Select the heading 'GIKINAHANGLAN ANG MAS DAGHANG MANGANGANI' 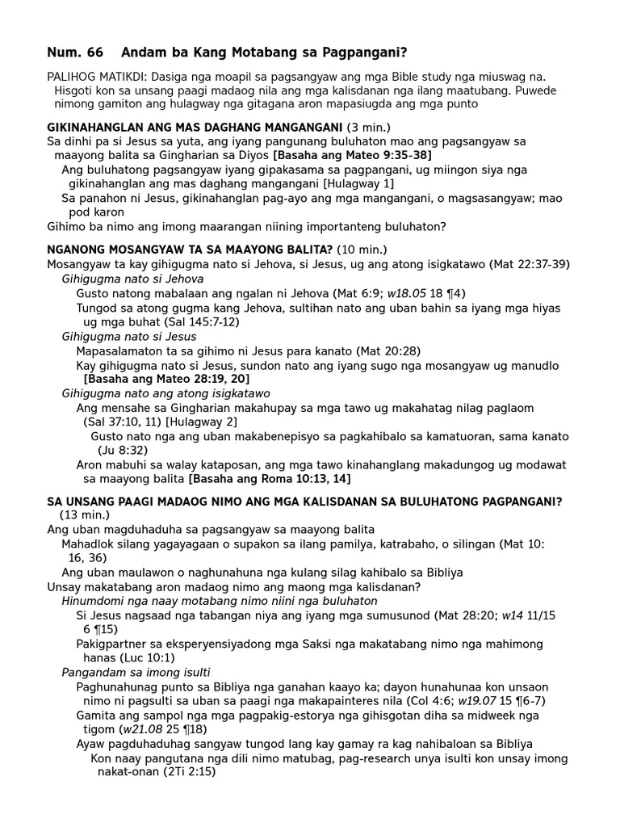195,128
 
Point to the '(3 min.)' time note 370,128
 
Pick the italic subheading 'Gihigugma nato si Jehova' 132,279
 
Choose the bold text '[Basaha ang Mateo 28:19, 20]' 166,379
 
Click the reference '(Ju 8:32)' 122,450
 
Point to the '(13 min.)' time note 84,514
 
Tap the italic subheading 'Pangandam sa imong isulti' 136,672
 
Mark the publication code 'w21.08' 134,729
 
